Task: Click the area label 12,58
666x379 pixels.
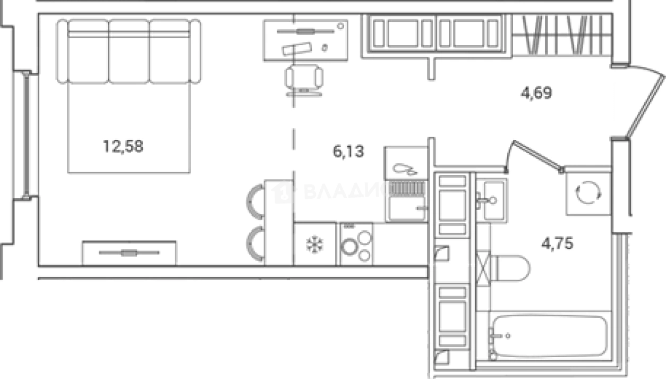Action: [x=123, y=146]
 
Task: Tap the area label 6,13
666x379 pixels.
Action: [x=348, y=152]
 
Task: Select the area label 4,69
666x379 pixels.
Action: [x=536, y=94]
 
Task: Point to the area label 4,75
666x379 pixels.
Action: [x=557, y=245]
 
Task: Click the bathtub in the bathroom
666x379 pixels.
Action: [x=549, y=336]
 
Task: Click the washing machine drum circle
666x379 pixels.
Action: [x=588, y=193]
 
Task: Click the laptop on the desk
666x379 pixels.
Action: [x=298, y=48]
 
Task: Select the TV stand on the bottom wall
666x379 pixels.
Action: [x=129, y=253]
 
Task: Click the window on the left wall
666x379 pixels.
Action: [x=27, y=136]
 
